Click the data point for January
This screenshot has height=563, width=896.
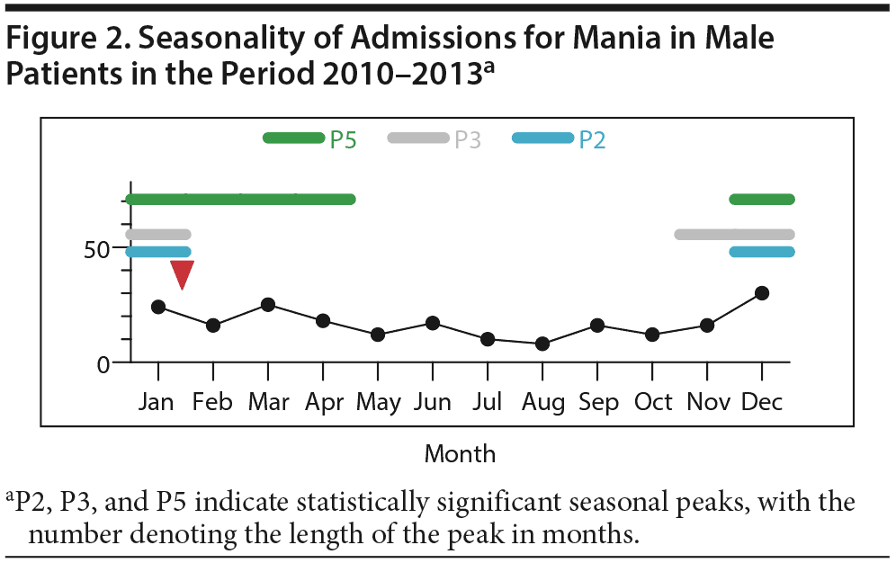pos(158,307)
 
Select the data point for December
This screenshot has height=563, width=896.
pos(761,293)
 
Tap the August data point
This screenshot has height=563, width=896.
pos(542,344)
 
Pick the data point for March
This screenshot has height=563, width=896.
pos(267,305)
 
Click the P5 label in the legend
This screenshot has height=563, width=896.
pos(343,139)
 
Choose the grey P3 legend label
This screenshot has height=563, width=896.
pos(467,139)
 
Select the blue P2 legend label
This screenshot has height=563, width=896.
pos(591,139)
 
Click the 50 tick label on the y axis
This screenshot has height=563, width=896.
pos(96,249)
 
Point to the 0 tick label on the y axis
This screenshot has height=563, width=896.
pos(103,364)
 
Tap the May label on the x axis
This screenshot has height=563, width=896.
pos(378,402)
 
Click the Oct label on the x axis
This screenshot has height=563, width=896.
pos(653,402)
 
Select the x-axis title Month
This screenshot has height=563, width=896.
pos(460,453)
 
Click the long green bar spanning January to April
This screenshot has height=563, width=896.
pos(240,199)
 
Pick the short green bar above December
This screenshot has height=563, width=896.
pos(761,199)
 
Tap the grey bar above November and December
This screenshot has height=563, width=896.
pos(734,235)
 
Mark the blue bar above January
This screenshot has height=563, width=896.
pos(158,252)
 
